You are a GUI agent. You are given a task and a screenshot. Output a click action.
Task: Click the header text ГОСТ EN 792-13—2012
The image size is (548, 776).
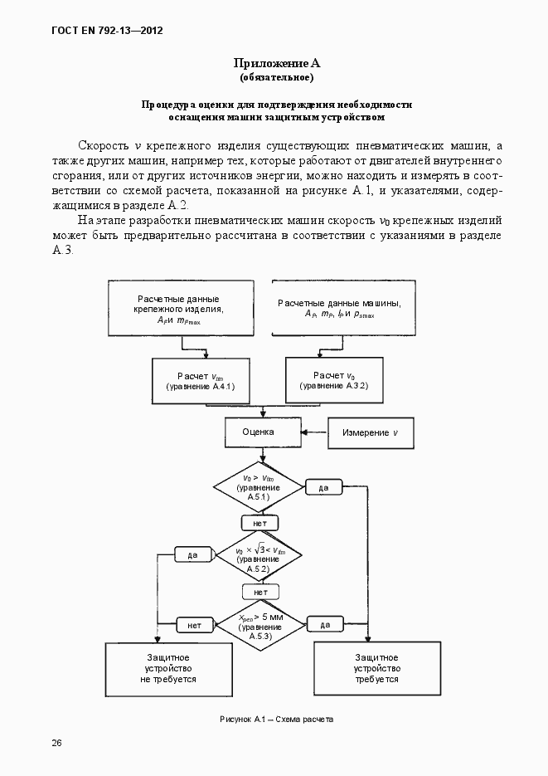[107, 31]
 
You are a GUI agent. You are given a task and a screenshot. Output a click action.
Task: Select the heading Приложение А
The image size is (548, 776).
[276, 63]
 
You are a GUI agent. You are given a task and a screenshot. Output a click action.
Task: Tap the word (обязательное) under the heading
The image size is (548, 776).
[276, 77]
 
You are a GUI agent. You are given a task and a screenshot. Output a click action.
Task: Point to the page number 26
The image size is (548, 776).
[56, 742]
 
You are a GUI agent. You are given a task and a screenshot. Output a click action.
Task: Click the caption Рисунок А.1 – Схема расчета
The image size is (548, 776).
[276, 719]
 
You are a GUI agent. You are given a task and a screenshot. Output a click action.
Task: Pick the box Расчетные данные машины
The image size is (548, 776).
[344, 309]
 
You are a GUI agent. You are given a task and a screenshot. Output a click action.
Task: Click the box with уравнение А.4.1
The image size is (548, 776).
[200, 381]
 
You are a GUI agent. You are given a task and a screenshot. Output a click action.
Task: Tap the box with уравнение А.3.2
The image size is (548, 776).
[334, 381]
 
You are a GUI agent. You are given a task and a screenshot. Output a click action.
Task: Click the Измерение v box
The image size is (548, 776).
[371, 432]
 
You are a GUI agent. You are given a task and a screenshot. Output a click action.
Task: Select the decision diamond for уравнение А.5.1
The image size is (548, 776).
[259, 487]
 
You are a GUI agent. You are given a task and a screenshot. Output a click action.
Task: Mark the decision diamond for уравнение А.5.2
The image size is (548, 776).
[259, 555]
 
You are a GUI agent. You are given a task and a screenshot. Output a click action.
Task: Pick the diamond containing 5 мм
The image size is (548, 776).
[259, 623]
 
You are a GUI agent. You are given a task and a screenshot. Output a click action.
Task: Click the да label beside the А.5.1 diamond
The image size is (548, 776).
[324, 487]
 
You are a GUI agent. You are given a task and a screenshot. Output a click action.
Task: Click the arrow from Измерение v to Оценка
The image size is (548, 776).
[313, 432]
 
